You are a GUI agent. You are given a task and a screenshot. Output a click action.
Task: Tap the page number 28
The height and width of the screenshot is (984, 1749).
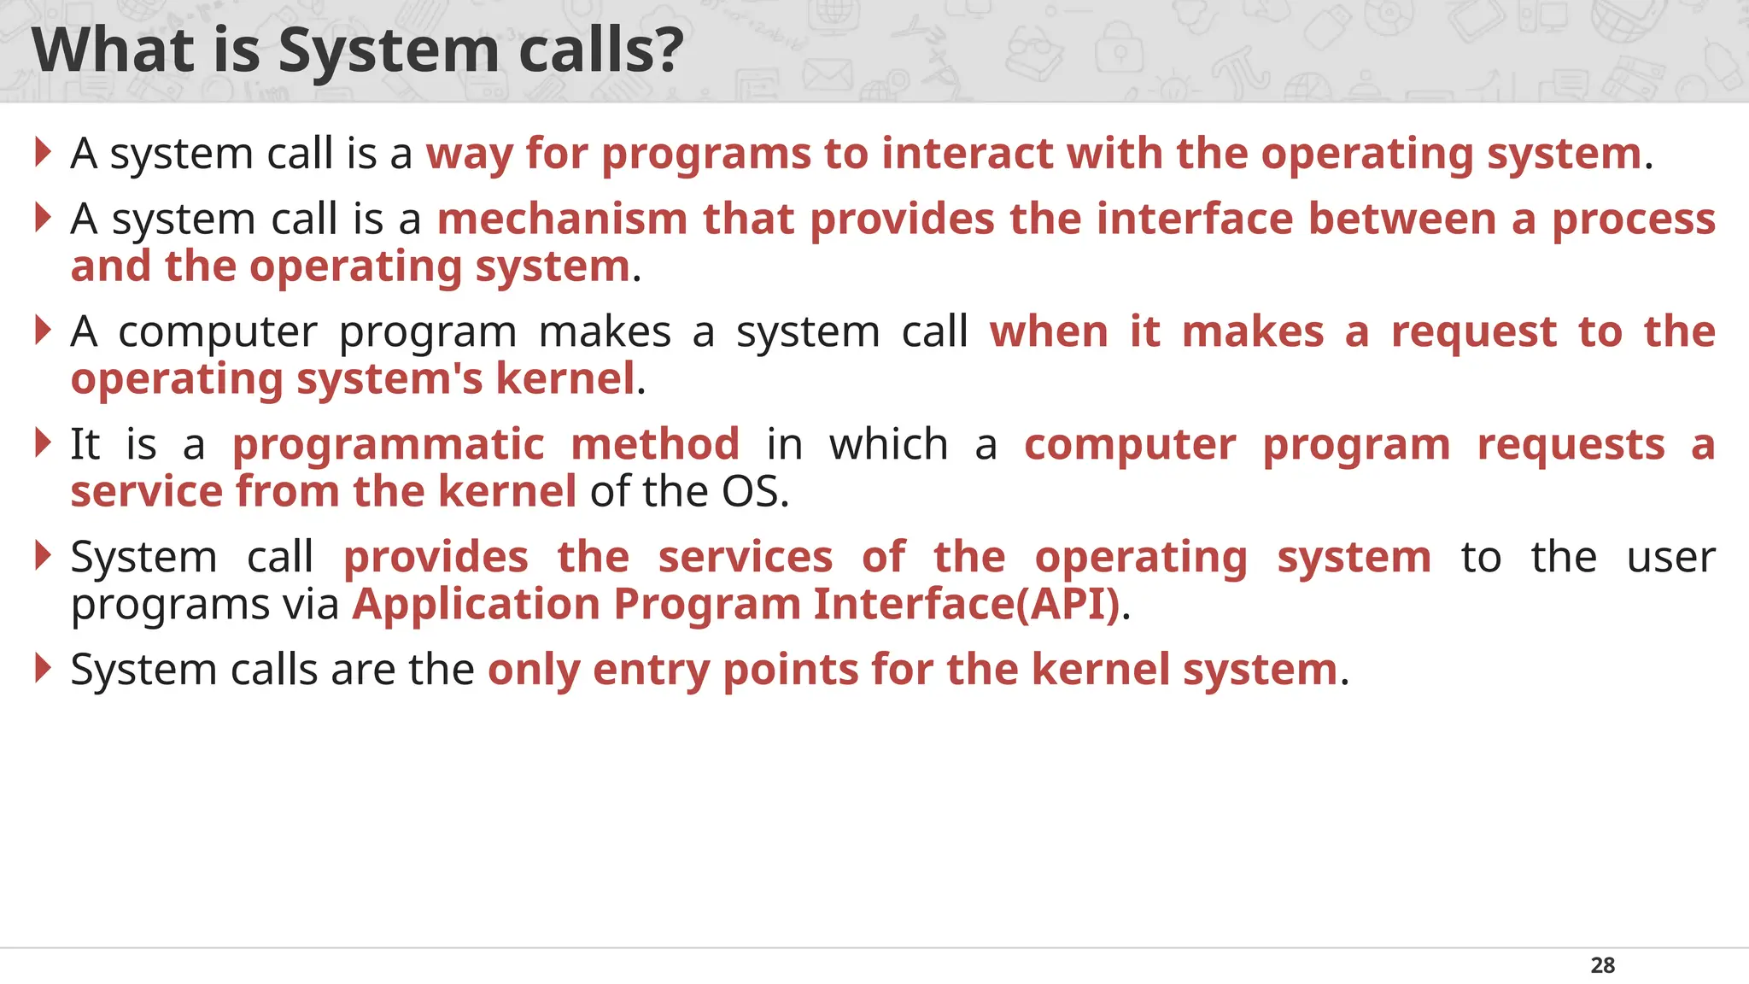coord(1602,965)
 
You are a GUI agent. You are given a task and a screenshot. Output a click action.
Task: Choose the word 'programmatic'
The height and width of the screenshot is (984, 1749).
coord(389,445)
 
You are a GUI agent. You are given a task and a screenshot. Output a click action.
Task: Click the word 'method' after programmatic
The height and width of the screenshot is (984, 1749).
coord(655,444)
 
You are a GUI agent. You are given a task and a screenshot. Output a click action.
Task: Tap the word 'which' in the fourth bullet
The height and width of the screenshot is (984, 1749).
coord(888,444)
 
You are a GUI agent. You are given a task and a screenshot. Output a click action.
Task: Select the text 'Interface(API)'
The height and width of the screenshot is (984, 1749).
coord(966,604)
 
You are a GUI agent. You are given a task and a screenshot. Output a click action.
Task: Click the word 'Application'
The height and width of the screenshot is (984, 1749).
coord(477,605)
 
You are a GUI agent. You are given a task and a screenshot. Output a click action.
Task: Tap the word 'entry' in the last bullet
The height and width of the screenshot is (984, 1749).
coord(651,670)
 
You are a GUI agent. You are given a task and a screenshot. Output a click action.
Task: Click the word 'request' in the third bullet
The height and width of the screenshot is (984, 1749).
coord(1474,332)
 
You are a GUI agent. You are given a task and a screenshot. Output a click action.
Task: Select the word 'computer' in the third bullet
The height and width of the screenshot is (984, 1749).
coord(218,332)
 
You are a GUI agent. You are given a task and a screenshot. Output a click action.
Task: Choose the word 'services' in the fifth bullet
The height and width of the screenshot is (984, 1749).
coord(745,557)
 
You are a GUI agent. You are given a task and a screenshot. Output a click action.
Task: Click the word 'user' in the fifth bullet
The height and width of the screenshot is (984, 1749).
coord(1670,557)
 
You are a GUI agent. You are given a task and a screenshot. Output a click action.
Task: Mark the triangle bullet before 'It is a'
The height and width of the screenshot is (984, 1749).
coord(43,442)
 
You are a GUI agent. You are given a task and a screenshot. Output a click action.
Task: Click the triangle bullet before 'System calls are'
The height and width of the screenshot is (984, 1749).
coord(43,668)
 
